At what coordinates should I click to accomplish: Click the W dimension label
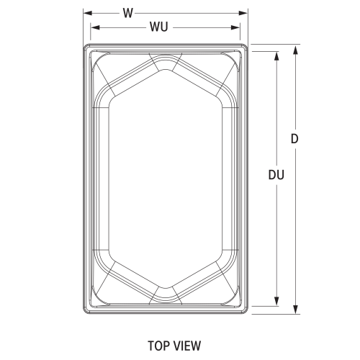(x=127, y=12)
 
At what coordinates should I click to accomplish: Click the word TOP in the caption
(x=159, y=346)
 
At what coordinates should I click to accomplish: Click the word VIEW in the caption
(x=187, y=346)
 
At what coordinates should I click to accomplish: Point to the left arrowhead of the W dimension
(x=86, y=12)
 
